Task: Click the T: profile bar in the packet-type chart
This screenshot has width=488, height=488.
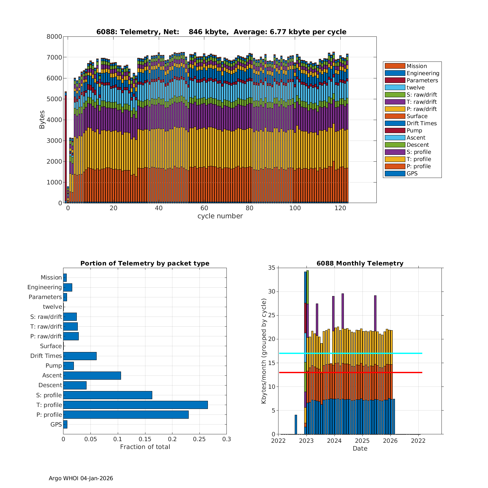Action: point(135,405)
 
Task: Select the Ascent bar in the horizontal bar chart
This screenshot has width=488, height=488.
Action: point(92,375)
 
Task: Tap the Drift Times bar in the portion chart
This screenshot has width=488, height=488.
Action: point(80,356)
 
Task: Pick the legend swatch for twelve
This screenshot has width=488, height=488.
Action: point(395,88)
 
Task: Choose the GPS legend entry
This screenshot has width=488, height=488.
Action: point(412,173)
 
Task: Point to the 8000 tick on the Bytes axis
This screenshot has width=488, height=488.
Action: point(54,37)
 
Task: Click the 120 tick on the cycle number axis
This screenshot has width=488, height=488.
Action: point(340,208)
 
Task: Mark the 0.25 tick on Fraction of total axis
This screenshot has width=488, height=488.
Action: point(199,439)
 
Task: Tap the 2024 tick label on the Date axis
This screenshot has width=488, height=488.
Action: point(334,441)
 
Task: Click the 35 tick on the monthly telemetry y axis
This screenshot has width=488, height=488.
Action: point(272,268)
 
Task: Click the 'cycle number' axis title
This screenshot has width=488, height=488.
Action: point(220,216)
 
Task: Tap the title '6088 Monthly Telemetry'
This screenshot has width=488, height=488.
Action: point(360,264)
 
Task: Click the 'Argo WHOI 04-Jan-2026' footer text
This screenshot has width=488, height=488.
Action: point(81,478)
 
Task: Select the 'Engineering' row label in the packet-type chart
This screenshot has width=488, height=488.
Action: point(45,287)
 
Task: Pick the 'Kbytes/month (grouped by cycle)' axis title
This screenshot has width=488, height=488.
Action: point(264,351)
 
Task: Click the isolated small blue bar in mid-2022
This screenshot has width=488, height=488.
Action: point(296,424)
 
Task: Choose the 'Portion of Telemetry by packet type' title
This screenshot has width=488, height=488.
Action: point(145,264)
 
